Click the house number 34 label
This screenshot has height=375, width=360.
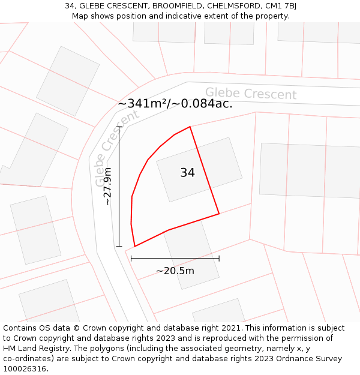pyautogui.click(x=187, y=173)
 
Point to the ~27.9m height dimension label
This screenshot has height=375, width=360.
pyautogui.click(x=107, y=187)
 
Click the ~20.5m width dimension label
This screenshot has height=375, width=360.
pyautogui.click(x=175, y=271)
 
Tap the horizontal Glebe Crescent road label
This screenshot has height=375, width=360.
pyautogui.click(x=251, y=94)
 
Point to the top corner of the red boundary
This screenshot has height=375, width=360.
pyautogui.click(x=190, y=127)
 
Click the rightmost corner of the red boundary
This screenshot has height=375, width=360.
pyautogui.click(x=219, y=213)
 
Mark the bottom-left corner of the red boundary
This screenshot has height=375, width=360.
pyautogui.click(x=134, y=246)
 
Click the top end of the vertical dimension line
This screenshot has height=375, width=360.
pyautogui.click(x=119, y=127)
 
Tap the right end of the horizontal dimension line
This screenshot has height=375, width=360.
pyautogui.click(x=219, y=259)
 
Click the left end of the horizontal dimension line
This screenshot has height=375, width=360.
pyautogui.click(x=131, y=259)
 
